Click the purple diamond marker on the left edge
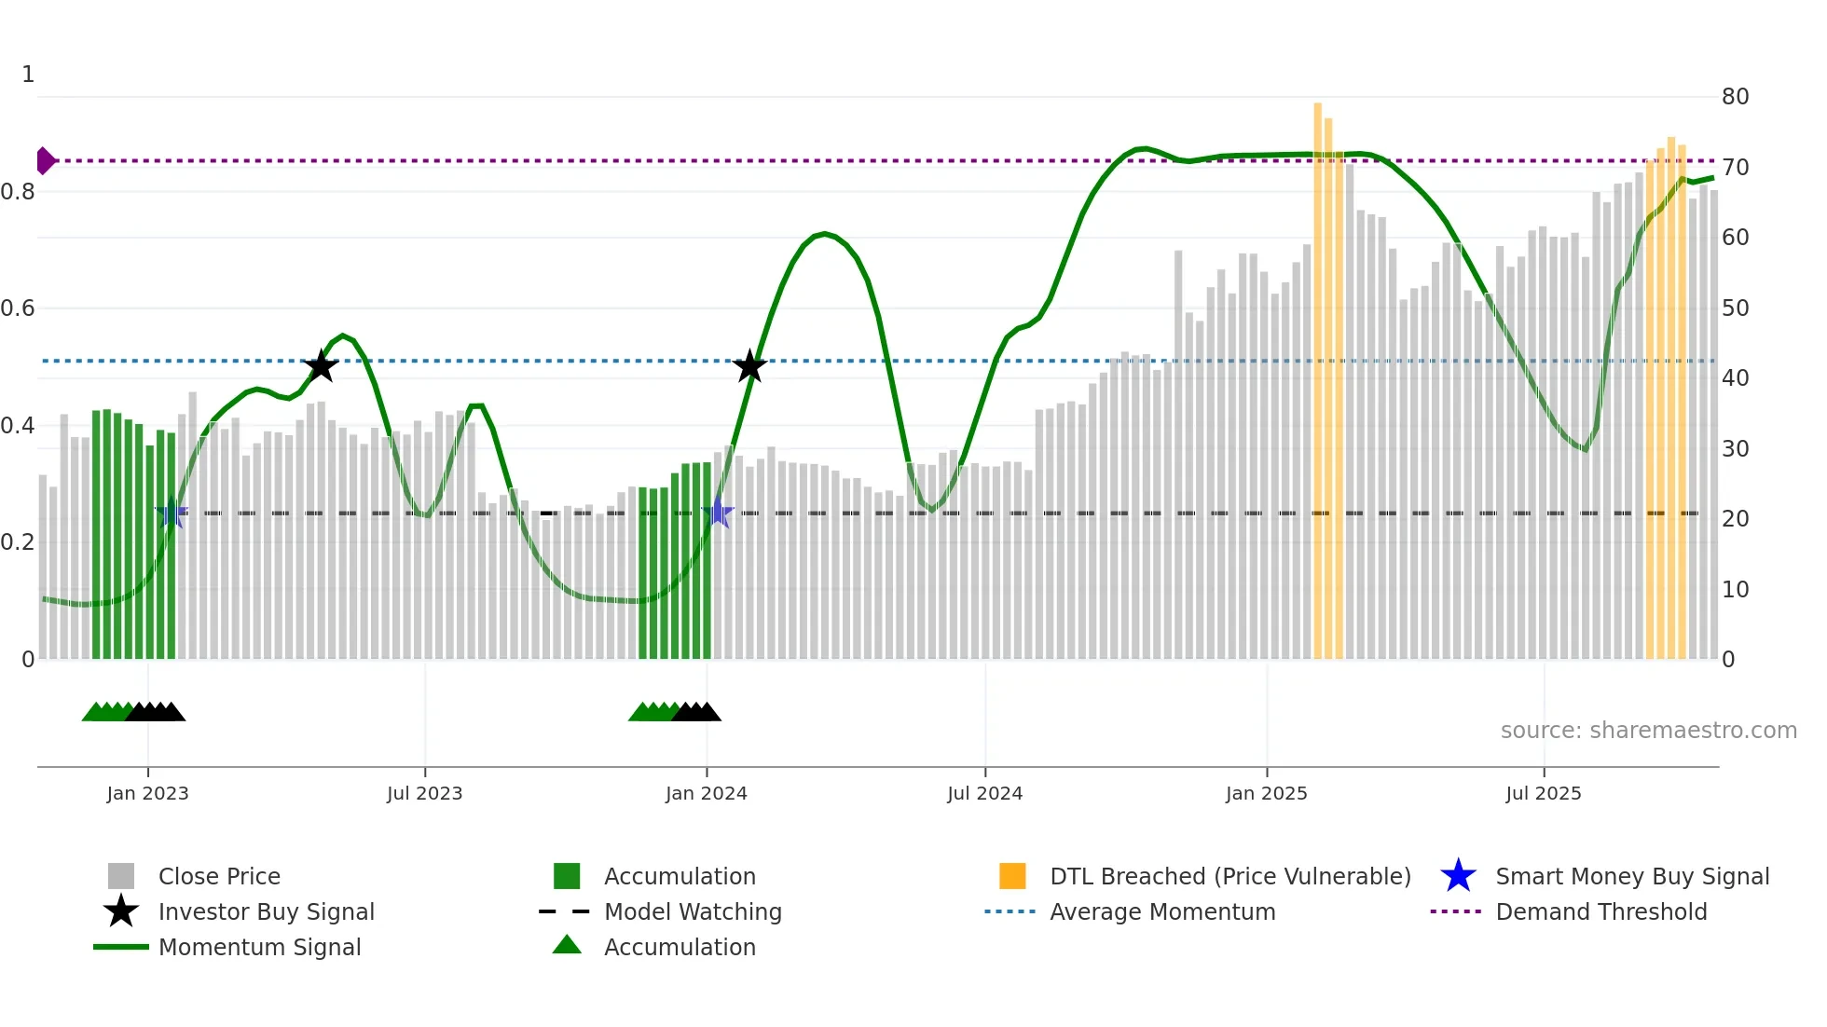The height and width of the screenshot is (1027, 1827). point(45,160)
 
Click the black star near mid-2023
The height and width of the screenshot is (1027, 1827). point(321,366)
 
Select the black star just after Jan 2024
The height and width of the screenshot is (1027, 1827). point(749,366)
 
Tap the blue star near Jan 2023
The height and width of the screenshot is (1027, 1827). point(172,513)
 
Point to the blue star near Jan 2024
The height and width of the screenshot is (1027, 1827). point(718,513)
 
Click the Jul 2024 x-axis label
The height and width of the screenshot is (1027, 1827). point(984,793)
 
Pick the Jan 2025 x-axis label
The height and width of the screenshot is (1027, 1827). point(1266,793)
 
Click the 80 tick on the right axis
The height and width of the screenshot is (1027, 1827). point(1735,97)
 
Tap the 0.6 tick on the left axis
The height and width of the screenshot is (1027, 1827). point(18,308)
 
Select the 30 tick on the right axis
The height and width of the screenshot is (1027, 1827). point(1735,449)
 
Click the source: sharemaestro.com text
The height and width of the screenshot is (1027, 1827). point(1648,731)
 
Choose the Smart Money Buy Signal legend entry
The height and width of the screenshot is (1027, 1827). point(1631,876)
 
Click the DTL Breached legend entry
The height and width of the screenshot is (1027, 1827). point(1229,876)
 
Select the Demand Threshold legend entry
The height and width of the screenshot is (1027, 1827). point(1600,911)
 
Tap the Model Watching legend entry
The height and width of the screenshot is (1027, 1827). point(693,911)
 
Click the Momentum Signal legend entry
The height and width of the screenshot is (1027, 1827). point(259,947)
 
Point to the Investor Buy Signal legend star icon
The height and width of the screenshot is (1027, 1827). point(121,911)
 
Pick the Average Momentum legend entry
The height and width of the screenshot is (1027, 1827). point(1162,911)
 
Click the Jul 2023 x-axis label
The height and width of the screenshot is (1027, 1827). point(424,793)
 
